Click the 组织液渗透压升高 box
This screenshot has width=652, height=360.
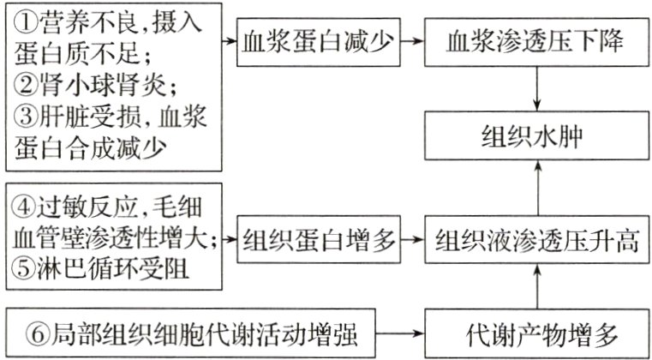pos(536,239)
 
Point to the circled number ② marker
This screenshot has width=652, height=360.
pos(23,85)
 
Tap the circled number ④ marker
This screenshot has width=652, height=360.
pos(23,208)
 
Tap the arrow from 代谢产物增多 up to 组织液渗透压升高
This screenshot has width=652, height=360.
pos(536,286)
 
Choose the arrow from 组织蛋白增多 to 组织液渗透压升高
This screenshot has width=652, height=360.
pos(414,239)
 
